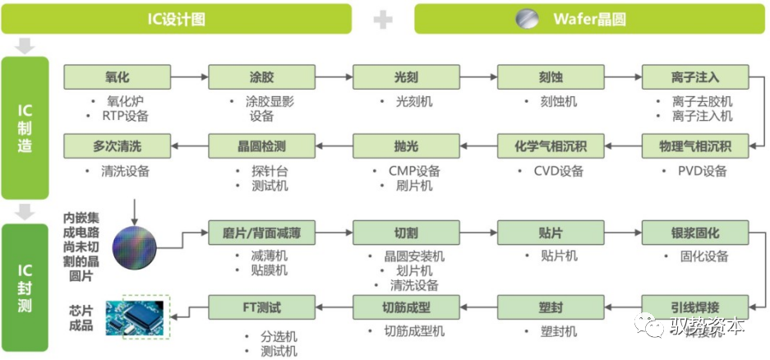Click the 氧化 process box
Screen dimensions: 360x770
[x=118, y=77]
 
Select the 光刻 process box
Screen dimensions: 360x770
[x=406, y=77]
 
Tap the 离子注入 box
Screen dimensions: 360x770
[x=694, y=77]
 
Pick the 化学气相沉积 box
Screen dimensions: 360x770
[x=551, y=147]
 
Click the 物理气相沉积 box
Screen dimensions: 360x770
[x=694, y=147]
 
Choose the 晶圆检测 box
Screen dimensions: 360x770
[x=261, y=147]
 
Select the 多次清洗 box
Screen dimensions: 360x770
[x=118, y=147]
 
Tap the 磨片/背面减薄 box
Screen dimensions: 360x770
[x=261, y=233]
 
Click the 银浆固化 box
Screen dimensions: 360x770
[x=694, y=233]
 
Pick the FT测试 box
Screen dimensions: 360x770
[x=261, y=307]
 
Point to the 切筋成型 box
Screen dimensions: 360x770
[x=406, y=307]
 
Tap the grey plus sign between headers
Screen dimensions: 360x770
[x=383, y=19]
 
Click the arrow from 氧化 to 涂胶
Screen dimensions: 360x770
[x=190, y=77]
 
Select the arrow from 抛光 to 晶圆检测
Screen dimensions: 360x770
[x=334, y=147]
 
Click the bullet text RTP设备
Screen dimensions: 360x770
[x=126, y=116]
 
